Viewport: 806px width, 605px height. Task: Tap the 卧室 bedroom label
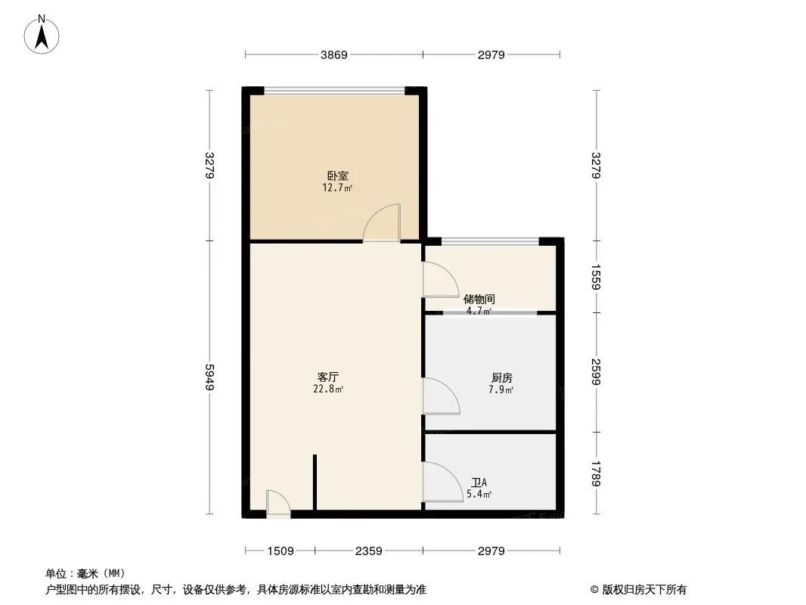point(338,175)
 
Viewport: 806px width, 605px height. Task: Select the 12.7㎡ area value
point(337,188)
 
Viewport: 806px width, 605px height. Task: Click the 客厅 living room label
point(328,377)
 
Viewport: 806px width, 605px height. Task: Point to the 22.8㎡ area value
point(328,389)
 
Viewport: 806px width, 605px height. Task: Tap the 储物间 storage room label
point(479,299)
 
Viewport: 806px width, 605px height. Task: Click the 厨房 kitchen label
point(502,378)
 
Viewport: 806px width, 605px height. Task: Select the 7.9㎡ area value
point(501,390)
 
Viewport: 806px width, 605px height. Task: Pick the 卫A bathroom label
point(479,482)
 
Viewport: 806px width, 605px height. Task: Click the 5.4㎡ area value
point(479,495)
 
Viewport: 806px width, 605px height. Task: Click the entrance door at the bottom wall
point(278,504)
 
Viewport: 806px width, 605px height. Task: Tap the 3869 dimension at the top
point(334,55)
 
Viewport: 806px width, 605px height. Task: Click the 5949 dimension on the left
point(209,377)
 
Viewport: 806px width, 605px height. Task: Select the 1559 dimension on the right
point(596,277)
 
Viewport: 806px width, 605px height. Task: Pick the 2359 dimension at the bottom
point(368,551)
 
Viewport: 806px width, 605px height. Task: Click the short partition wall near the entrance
point(315,482)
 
